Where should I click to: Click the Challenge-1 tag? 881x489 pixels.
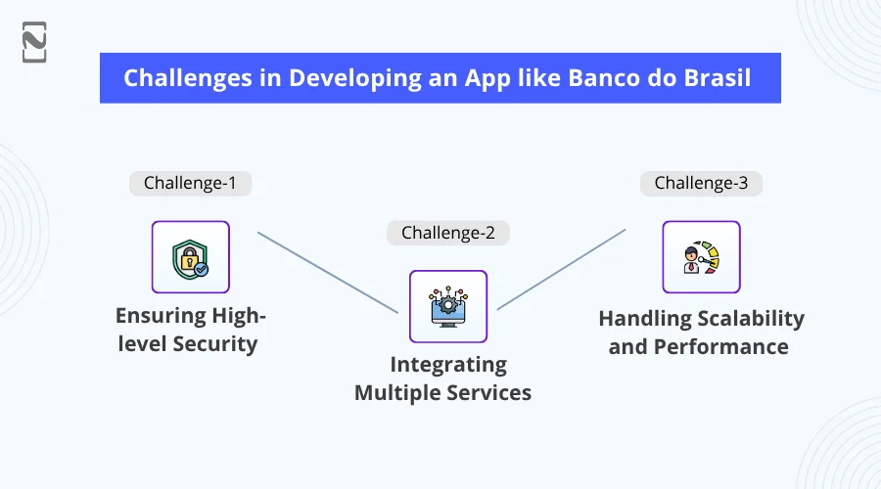[190, 183]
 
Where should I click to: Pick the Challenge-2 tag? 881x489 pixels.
[447, 233]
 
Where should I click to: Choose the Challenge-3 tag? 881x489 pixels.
[701, 183]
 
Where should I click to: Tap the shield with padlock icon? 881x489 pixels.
[190, 257]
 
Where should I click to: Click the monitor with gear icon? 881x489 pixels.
[447, 307]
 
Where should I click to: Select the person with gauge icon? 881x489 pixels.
[701, 257]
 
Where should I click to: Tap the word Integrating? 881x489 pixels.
[448, 365]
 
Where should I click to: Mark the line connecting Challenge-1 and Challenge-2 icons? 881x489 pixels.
[328, 273]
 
